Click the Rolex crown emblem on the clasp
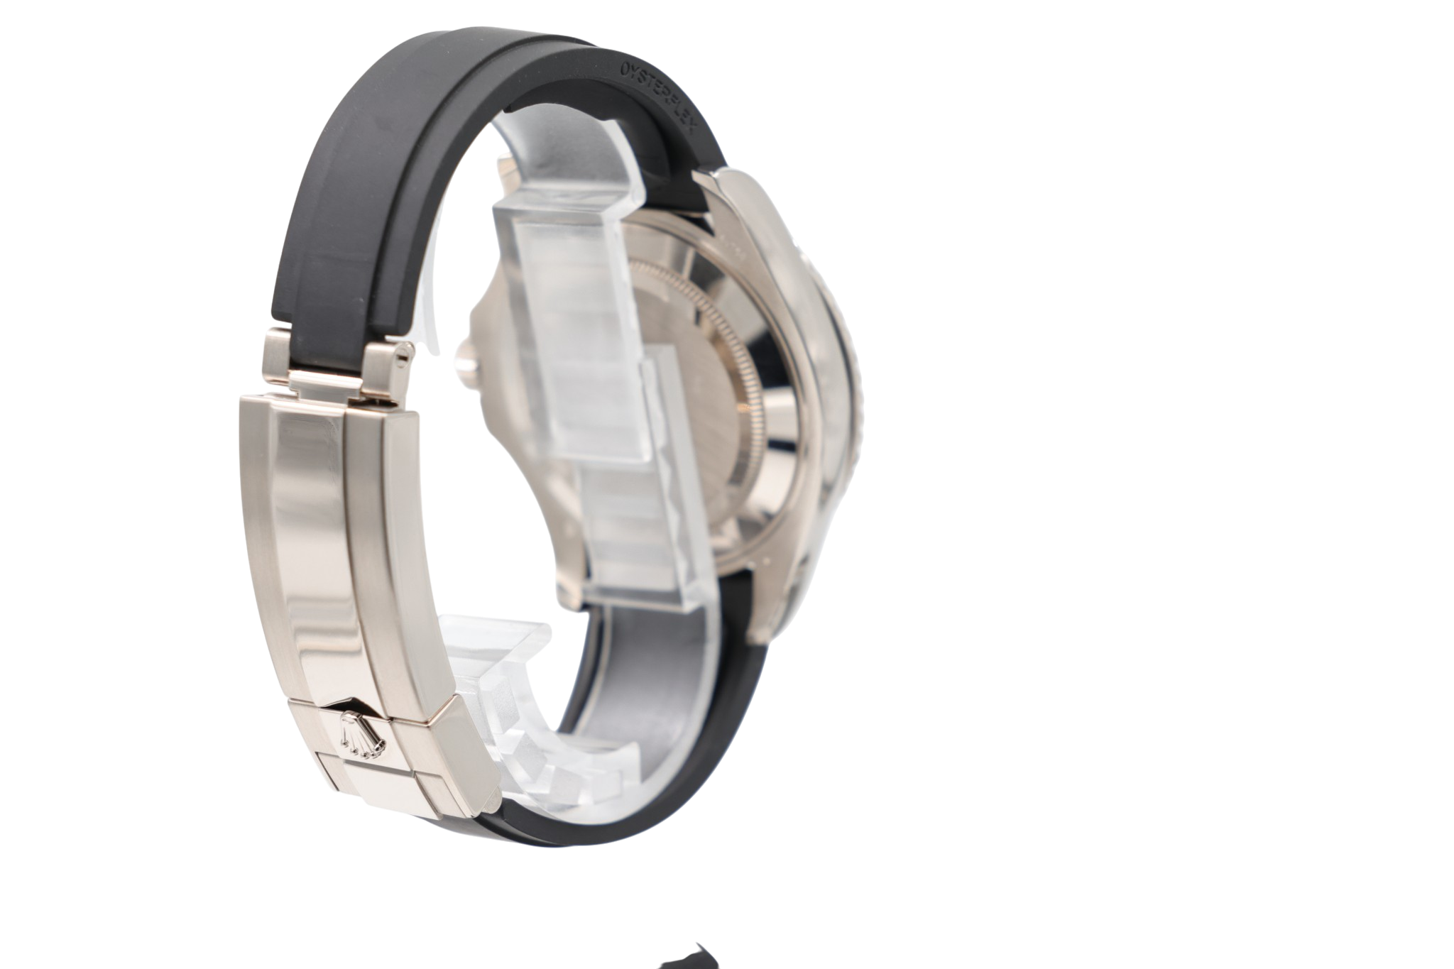click(x=361, y=733)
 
